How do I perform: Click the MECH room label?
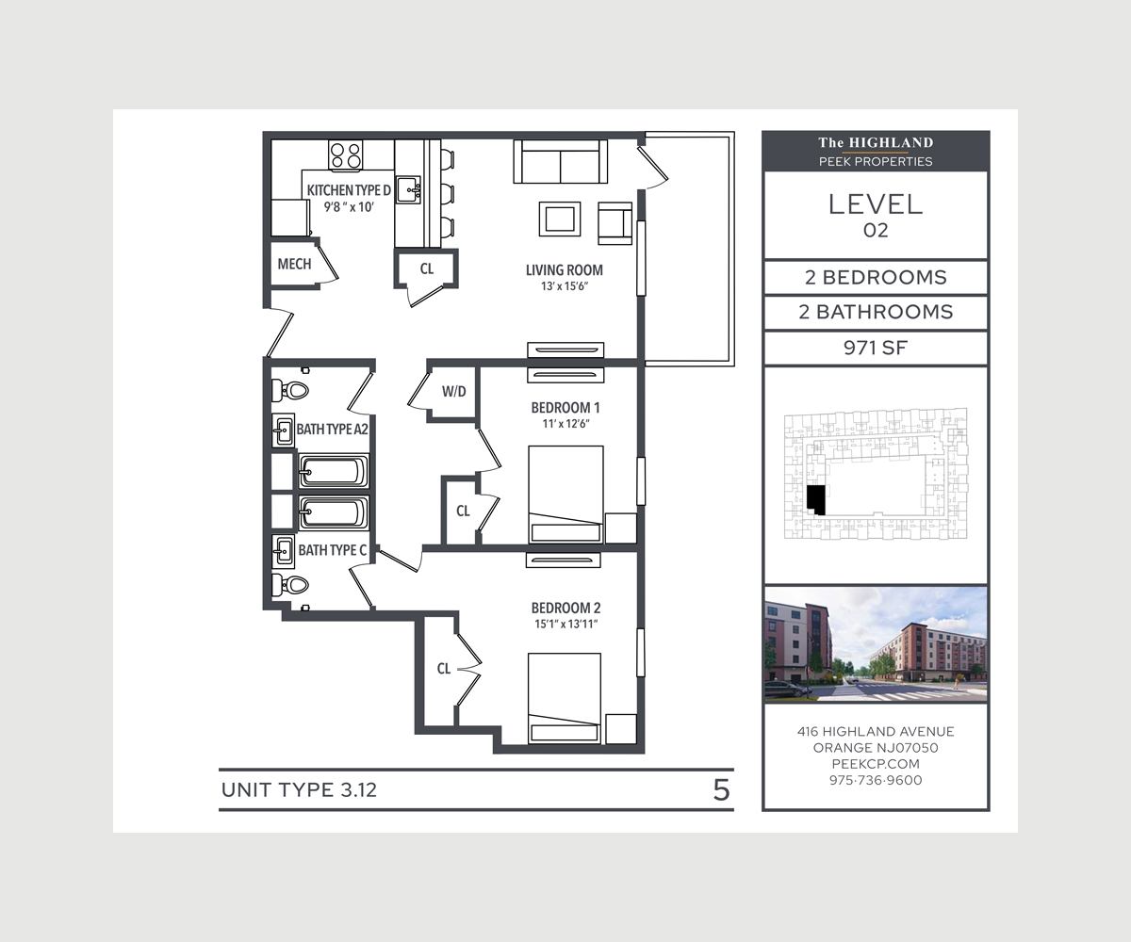[294, 265]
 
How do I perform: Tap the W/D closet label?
[454, 391]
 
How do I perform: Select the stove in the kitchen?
[346, 154]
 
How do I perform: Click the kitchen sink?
[408, 189]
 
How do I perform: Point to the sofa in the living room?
[560, 162]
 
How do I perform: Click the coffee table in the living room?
[559, 219]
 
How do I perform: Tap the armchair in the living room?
[615, 222]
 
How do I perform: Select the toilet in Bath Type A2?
[292, 390]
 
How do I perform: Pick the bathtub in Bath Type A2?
[334, 470]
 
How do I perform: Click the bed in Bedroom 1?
[565, 495]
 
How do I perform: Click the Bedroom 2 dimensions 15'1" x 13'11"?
[565, 625]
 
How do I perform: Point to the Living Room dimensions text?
[564, 287]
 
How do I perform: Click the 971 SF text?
[875, 349]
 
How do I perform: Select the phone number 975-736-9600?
[876, 781]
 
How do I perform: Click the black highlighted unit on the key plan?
[816, 499]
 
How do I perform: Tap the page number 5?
[721, 790]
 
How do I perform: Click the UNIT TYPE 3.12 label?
[299, 790]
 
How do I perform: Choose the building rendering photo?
[876, 644]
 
